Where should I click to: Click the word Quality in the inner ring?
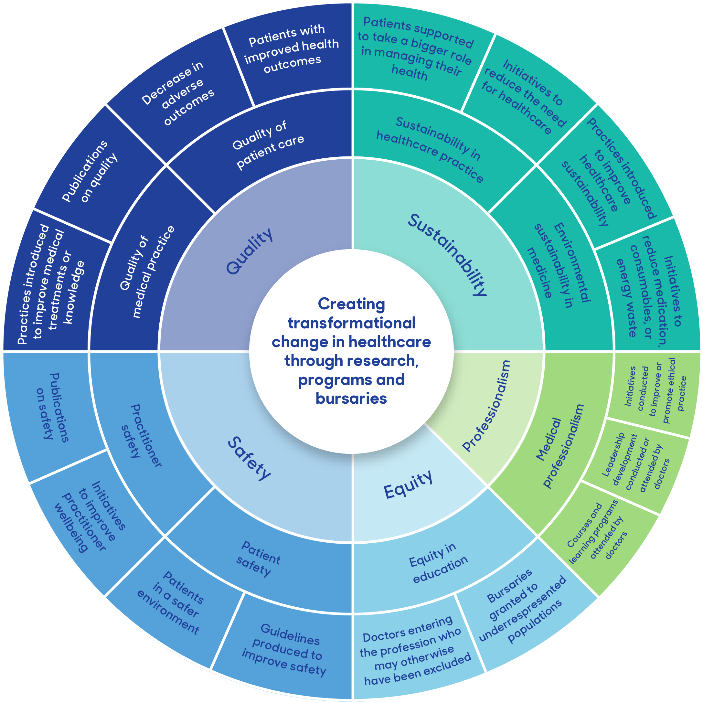pos(249,251)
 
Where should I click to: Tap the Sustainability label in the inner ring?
pos(447,255)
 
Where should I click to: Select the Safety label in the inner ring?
pos(250,458)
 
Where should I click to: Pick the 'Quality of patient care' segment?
pos(268,145)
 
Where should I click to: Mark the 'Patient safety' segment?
pos(258,559)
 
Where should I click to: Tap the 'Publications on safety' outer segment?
pos(53,408)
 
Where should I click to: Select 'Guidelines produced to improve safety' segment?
pos(284,650)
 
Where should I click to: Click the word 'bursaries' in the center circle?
pos(351,398)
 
